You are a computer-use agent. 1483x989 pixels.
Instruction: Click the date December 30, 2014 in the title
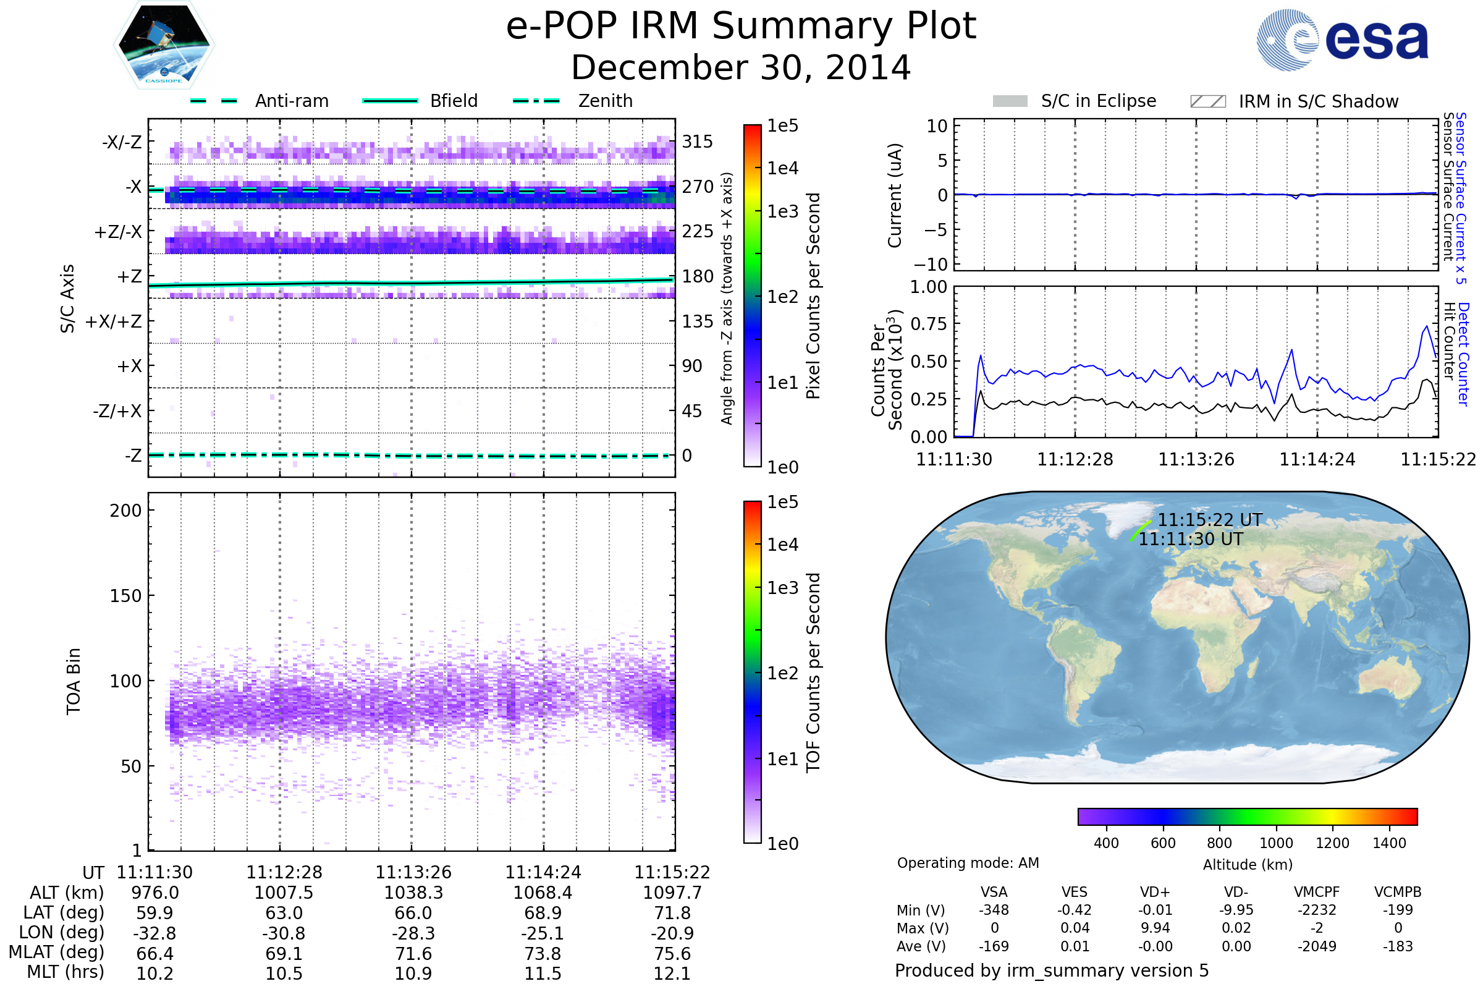(741, 67)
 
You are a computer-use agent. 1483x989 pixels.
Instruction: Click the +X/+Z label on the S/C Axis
(114, 321)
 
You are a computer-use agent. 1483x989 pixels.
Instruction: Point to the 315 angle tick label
(698, 142)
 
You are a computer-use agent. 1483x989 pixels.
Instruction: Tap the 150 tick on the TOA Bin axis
(125, 596)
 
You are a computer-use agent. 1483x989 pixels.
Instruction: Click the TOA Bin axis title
(73, 681)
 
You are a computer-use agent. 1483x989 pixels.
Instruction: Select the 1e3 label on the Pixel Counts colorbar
(782, 211)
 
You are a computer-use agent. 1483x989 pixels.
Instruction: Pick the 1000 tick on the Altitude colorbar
(1275, 843)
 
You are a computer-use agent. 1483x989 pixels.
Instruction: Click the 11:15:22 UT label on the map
(1210, 520)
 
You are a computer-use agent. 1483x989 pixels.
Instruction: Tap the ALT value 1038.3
(413, 893)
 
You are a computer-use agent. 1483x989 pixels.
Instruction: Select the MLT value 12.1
(672, 973)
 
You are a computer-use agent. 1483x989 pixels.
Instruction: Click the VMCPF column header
(1317, 892)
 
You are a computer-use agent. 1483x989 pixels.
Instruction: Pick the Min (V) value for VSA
(994, 910)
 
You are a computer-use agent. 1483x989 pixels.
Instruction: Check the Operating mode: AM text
(968, 863)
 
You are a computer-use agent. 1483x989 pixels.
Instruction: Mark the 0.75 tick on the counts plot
(929, 323)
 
